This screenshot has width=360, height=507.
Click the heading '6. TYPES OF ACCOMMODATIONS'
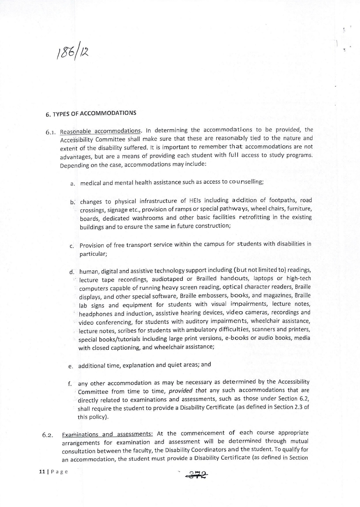(x=91, y=114)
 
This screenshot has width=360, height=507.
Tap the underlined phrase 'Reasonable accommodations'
(x=101, y=131)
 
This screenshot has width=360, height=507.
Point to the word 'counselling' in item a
(x=246, y=181)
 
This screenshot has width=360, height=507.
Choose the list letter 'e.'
(x=71, y=366)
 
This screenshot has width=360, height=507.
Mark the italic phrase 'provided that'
(x=189, y=391)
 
